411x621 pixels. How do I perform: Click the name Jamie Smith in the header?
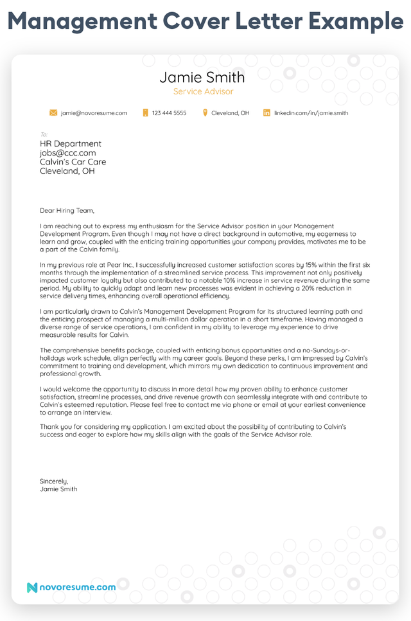coord(202,78)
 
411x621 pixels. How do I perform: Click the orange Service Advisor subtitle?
coord(203,92)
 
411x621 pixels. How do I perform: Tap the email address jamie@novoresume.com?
coord(94,113)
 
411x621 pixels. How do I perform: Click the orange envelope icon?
coord(53,113)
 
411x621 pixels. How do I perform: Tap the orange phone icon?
coord(146,113)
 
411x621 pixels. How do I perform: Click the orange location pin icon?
coord(205,113)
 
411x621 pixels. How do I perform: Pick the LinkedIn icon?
coord(267,113)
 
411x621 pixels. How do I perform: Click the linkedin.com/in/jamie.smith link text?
coord(311,113)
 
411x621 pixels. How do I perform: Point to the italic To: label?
coord(44,134)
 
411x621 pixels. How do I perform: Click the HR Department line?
coord(70,144)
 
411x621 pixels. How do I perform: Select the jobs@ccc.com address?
coord(67,153)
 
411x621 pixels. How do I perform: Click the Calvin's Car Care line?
coord(73,162)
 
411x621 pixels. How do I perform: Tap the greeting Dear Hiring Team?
coord(67,210)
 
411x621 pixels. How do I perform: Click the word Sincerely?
coord(53,481)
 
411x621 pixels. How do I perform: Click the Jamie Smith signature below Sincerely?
coord(58,489)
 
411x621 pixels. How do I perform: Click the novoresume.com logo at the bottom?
coord(71,587)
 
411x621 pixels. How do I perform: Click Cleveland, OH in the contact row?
coord(230,113)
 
